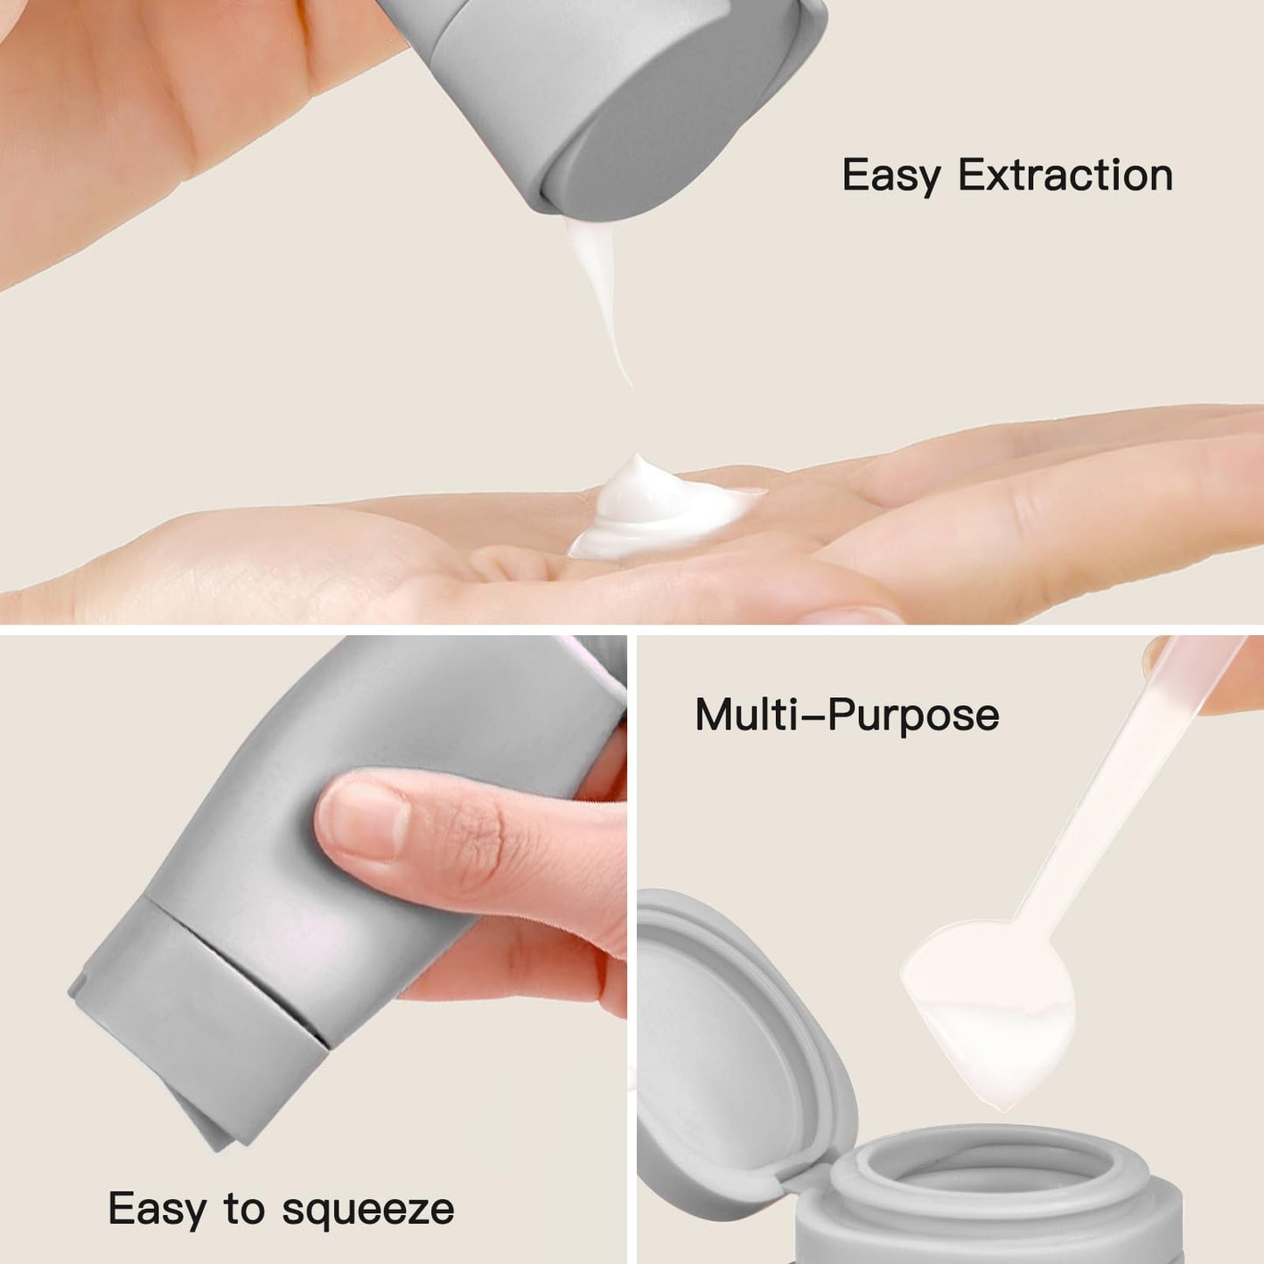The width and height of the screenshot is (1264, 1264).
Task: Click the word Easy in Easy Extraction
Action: pyautogui.click(x=890, y=176)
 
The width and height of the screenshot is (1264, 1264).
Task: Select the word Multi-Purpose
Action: pyautogui.click(x=846, y=715)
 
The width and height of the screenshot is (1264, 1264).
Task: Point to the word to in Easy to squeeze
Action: pyautogui.click(x=244, y=1209)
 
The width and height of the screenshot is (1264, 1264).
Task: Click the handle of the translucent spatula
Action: pyautogui.click(x=1128, y=787)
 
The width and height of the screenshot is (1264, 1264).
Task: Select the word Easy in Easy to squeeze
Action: pyautogui.click(x=157, y=1209)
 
